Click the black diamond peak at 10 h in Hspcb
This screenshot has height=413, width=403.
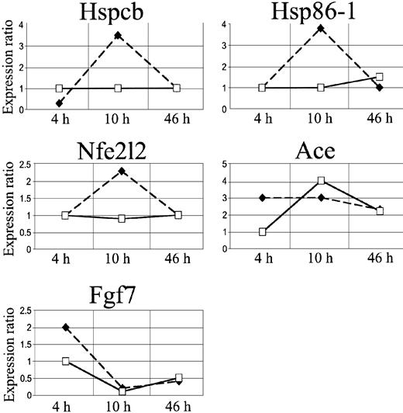(118, 35)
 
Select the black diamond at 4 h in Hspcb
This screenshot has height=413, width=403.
(60, 102)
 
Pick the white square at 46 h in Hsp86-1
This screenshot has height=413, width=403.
(380, 77)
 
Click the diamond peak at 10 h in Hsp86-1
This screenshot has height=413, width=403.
(321, 29)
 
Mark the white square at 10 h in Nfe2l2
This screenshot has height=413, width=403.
(118, 219)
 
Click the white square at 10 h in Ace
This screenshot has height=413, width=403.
(321, 182)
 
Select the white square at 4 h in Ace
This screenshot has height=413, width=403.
(263, 232)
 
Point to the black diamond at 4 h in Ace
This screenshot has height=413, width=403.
(263, 198)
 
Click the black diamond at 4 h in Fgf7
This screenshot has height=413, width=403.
(65, 327)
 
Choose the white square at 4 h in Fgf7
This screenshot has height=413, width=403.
(65, 361)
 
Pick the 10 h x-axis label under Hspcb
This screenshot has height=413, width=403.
(118, 122)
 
